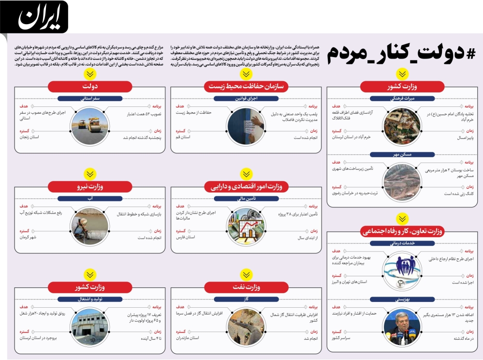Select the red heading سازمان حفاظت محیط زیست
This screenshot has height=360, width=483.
click(246, 87)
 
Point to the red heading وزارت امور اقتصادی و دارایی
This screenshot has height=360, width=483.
click(246, 186)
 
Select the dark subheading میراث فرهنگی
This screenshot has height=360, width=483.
click(402, 98)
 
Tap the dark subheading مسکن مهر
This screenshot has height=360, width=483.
click(402, 155)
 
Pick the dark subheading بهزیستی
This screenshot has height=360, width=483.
click(402, 300)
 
